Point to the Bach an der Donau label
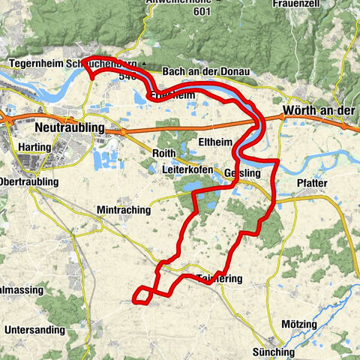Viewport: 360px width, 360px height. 204,72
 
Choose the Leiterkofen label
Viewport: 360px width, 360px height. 188,170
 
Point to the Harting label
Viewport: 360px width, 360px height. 36,148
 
